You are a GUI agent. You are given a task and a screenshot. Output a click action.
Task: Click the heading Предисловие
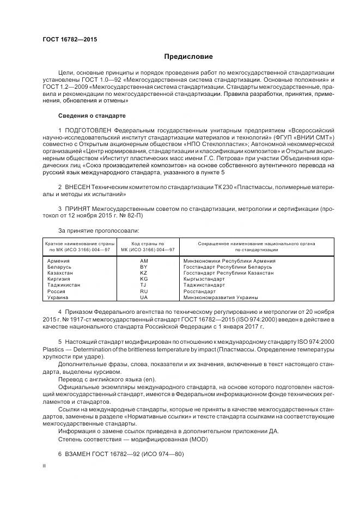(x=189, y=57)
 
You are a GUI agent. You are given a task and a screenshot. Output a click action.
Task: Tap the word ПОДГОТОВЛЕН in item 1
(x=89, y=131)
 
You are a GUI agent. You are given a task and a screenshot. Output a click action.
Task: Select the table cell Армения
(x=59, y=261)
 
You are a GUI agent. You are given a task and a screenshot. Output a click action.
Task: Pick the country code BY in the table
(x=144, y=267)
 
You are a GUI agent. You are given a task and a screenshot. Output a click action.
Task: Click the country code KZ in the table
(x=144, y=273)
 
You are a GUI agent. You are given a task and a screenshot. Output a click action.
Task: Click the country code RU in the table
(x=144, y=292)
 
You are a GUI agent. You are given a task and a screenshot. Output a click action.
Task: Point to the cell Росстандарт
(x=201, y=292)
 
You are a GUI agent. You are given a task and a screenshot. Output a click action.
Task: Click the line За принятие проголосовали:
(x=94, y=231)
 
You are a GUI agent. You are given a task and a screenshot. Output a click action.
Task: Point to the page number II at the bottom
(x=45, y=466)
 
